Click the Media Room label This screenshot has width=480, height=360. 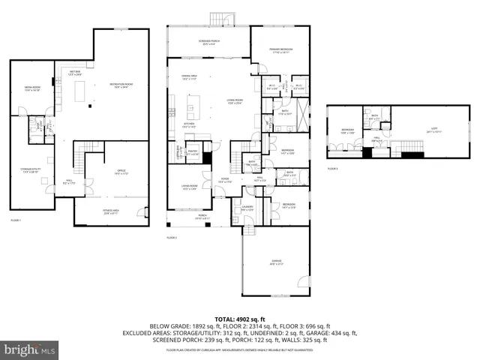(x=31, y=88)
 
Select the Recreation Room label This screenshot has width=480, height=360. (x=118, y=85)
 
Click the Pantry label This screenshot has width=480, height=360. (x=192, y=152)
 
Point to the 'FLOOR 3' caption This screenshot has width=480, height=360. (x=333, y=169)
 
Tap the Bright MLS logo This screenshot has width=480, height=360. (x=28, y=350)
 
